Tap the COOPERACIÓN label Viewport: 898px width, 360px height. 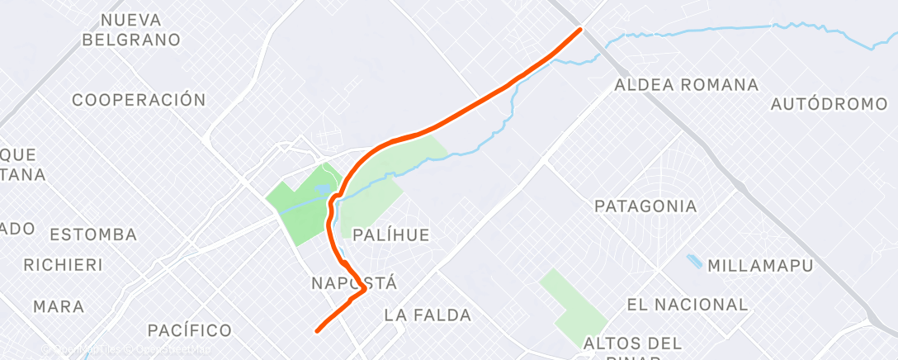[x=139, y=100]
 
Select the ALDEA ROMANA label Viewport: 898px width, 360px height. [x=687, y=85]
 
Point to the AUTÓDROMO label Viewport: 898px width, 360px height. [x=828, y=105]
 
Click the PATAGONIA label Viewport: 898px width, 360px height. [x=645, y=206]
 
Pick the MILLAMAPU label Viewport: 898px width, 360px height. [x=760, y=266]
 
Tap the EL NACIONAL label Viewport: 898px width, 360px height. [x=687, y=305]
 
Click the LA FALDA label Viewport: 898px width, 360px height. [x=428, y=315]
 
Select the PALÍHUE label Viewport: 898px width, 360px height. [x=390, y=235]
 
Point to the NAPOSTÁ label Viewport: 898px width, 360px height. [x=355, y=283]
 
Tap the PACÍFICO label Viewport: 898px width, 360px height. [x=189, y=330]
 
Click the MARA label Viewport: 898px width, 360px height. [x=59, y=306]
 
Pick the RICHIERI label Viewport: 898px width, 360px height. [x=63, y=265]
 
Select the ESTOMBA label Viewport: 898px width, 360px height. [x=93, y=234]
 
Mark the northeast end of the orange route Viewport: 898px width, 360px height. [x=579, y=30]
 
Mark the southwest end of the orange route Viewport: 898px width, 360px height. [x=318, y=331]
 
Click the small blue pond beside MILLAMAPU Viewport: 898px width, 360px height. [x=695, y=262]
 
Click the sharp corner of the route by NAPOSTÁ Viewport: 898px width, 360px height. [x=364, y=290]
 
